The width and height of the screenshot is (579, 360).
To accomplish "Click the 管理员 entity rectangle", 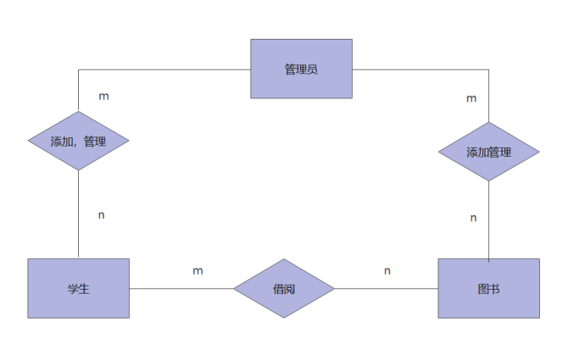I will point(301,69).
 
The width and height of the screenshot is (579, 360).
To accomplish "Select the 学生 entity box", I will point(78,288).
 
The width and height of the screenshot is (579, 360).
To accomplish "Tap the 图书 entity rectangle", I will point(488,288).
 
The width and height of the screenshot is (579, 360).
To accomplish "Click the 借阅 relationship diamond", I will point(284,288).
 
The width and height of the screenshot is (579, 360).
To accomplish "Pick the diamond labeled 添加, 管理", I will point(78,141).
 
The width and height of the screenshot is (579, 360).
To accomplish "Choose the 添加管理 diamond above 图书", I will point(488,152).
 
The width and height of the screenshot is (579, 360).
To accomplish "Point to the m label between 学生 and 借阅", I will point(198,270).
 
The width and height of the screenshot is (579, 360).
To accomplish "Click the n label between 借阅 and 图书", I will point(387,270).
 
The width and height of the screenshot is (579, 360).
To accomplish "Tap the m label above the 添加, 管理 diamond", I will point(103,96).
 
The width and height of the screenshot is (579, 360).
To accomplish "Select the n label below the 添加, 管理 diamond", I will point(102,214).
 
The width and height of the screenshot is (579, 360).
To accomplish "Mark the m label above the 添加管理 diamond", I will point(471,98).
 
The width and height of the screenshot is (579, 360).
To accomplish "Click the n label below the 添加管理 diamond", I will point(473,218).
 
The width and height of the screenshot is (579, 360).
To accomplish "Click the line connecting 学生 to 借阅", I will point(181,288).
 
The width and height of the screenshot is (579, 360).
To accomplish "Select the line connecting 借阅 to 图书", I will point(386,288).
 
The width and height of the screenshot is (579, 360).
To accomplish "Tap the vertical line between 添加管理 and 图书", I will point(489,220).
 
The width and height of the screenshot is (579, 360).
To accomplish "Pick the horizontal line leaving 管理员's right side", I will point(420,69).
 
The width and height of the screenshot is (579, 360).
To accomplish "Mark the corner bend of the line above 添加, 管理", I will point(78,69).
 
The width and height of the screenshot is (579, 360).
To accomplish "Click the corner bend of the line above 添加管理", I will point(489,69).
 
